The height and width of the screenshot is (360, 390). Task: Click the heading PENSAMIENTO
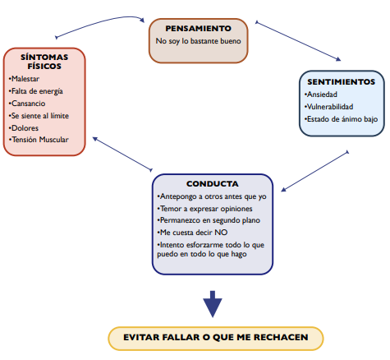pyautogui.click(x=198, y=29)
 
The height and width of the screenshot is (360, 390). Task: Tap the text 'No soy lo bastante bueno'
pyautogui.click(x=198, y=41)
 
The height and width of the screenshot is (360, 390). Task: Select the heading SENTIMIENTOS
pyautogui.click(x=341, y=82)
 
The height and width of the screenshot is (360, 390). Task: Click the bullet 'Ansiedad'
pyautogui.click(x=321, y=95)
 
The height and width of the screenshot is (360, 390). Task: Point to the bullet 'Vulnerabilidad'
pyautogui.click(x=328, y=107)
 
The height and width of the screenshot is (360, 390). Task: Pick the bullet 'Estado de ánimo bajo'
pyautogui.click(x=341, y=119)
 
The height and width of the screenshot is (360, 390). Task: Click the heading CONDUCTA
pyautogui.click(x=213, y=184)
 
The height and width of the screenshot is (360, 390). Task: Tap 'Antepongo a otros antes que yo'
pyautogui.click(x=212, y=196)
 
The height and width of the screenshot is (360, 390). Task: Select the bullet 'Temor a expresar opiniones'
pyautogui.click(x=204, y=209)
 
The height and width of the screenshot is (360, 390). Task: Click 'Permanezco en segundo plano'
pyautogui.click(x=209, y=220)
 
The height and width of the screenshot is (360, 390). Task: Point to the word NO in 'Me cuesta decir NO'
pyautogui.click(x=221, y=233)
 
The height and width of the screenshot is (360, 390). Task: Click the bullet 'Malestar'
pyautogui.click(x=24, y=79)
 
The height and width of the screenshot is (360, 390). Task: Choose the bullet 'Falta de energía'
pyautogui.click(x=36, y=91)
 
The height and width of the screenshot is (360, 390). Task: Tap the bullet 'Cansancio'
pyautogui.click(x=27, y=104)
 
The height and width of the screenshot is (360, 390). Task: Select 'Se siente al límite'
pyautogui.click(x=39, y=116)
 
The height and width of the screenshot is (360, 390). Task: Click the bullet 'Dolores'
pyautogui.click(x=24, y=128)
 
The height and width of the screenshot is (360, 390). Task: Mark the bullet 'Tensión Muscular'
pyautogui.click(x=39, y=140)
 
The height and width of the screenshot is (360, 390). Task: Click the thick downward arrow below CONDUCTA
pyautogui.click(x=213, y=304)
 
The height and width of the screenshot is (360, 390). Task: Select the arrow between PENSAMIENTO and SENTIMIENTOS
pyautogui.click(x=298, y=40)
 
